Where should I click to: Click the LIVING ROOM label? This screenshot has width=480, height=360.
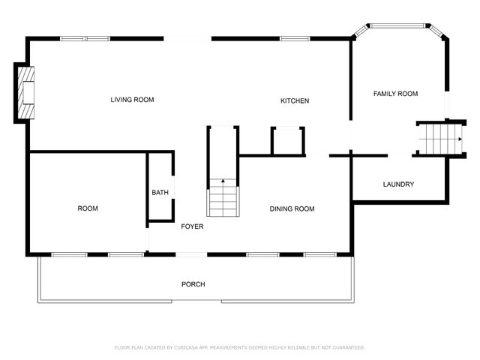coord(132,100)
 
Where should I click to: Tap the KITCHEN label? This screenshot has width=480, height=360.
coord(295,101)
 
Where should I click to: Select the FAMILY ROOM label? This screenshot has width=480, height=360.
coord(395,94)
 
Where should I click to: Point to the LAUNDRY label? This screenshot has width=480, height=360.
coord(398,184)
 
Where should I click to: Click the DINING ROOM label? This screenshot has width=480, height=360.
coord(292,209)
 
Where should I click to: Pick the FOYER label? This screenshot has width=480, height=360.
coord(192,226)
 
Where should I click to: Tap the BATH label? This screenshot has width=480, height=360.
coord(160,193)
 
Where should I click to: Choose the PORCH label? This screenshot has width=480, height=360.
coord(193,284)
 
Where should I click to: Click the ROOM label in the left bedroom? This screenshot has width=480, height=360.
coord(88,208)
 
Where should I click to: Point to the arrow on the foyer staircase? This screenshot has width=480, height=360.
coord(222,181)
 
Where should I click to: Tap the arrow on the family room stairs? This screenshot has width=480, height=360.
coord(457,138)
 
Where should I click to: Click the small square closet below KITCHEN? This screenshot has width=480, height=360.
coord(288,140)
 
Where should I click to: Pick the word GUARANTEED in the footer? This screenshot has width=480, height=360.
coord(345,347)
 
